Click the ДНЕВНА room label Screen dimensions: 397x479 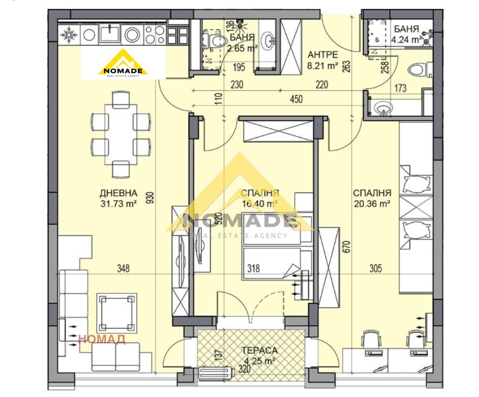coord(119,193)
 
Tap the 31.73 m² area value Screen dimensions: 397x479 coord(119,203)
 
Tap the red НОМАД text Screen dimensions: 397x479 coord(102,340)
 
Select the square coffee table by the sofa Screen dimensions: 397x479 coord(117,312)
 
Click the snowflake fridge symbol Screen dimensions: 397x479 coord(69,35)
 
